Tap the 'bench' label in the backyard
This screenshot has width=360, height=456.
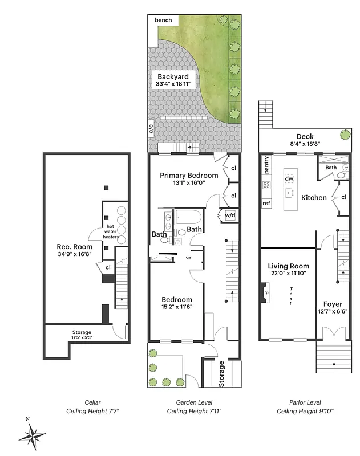tap(163, 20)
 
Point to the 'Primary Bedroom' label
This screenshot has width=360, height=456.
tap(189, 175)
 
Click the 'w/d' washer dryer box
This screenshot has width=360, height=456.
tap(230, 215)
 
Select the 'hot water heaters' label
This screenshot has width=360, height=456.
tap(111, 231)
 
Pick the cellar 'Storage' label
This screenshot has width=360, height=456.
tap(82, 332)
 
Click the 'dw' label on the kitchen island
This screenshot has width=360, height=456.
tap(289, 178)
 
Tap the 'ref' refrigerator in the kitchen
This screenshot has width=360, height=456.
tap(266, 203)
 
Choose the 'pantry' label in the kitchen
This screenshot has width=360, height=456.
tap(266, 165)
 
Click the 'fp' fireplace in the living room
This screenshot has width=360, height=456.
tap(265, 293)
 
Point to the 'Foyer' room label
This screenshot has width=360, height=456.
tap(333, 304)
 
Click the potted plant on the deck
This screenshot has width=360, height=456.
tap(345, 135)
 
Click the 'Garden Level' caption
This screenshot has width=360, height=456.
tap(194, 401)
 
